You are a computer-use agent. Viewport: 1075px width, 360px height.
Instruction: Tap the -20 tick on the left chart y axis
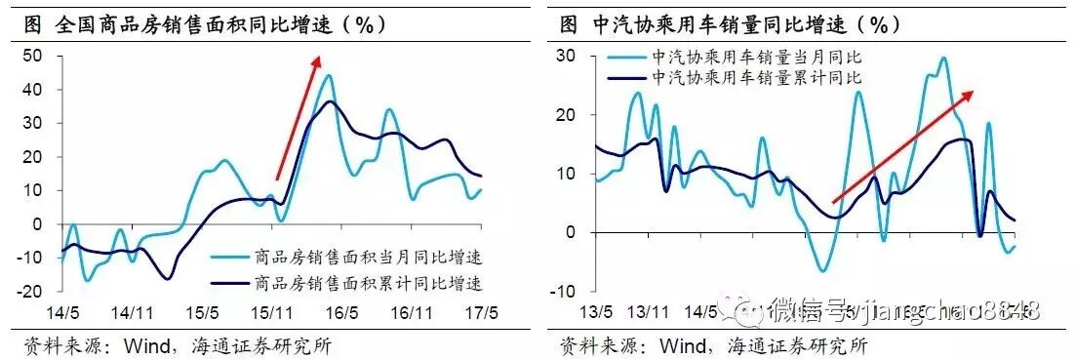[31, 292]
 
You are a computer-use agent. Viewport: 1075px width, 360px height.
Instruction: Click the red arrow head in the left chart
[317, 61]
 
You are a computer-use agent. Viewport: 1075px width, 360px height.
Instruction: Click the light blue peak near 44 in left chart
[329, 75]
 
